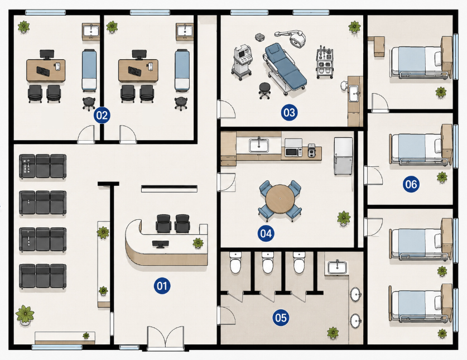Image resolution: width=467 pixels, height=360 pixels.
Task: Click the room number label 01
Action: [x=162, y=286]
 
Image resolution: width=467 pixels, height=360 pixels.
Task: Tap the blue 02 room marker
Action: [x=102, y=116]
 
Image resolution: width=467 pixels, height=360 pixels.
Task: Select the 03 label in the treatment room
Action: [x=289, y=112]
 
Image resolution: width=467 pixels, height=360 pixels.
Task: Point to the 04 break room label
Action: [x=266, y=233]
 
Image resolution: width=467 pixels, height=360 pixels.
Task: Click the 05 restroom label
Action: [x=281, y=318]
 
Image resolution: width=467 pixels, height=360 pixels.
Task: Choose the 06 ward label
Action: [x=411, y=184]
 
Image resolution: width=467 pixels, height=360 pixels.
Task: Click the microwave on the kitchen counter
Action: [x=293, y=148]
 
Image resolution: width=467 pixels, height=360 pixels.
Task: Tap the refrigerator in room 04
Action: [x=343, y=156]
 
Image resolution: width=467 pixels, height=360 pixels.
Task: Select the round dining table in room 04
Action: [x=280, y=199]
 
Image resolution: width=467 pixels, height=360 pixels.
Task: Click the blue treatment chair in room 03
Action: [x=285, y=68]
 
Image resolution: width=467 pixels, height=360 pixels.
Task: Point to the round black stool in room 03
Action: [x=264, y=90]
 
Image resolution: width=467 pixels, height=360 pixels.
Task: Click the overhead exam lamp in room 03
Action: [x=293, y=37]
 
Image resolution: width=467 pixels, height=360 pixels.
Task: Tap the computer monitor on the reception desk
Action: [x=161, y=244]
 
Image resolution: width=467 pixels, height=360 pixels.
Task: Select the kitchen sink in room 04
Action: [x=259, y=145]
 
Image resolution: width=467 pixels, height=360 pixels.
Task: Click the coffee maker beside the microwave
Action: [x=311, y=150]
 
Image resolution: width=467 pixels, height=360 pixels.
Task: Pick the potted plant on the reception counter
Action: [x=198, y=243]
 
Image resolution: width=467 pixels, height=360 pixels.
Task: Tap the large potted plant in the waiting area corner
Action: [x=25, y=315]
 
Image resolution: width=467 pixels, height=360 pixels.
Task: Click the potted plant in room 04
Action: [x=344, y=218]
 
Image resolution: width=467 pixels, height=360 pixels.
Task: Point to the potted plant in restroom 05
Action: [x=333, y=333]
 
